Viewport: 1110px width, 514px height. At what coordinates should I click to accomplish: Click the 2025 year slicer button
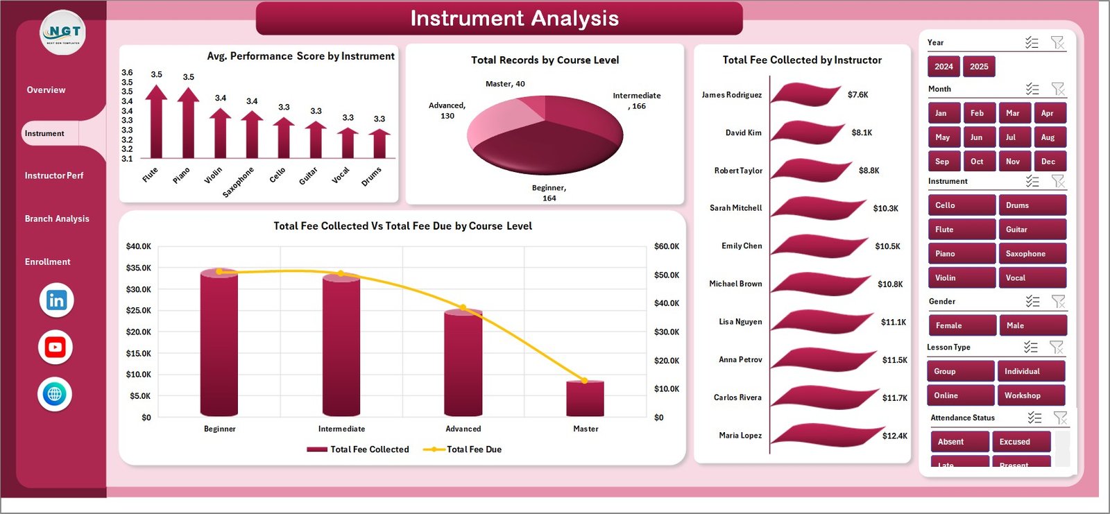pos(979,67)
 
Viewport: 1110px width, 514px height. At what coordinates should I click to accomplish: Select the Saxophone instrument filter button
pos(1032,254)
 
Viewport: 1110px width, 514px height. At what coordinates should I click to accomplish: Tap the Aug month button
pos(1048,137)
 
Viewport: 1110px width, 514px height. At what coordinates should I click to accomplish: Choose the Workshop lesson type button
pos(1030,395)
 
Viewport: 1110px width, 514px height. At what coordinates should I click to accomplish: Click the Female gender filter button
pos(962,325)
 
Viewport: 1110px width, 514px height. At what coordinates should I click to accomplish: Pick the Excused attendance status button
pos(1021,442)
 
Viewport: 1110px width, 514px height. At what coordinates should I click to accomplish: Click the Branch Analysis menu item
pos(57,219)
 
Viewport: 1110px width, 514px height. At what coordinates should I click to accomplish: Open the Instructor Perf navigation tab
pos(54,175)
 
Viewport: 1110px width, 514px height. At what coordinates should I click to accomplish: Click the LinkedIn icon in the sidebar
pos(56,300)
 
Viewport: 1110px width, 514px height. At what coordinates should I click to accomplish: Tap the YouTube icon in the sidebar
pos(55,348)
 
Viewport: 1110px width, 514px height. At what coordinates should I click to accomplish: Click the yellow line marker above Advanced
pos(463,307)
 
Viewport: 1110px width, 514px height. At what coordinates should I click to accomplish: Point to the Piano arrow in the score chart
pos(188,122)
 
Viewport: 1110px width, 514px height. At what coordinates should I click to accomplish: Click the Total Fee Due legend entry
pos(474,449)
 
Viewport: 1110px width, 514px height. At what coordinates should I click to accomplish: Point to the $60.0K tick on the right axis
pos(667,246)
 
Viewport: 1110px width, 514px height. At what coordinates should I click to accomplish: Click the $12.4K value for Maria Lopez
pos(894,436)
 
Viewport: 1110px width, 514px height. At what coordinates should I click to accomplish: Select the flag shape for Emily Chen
pos(819,245)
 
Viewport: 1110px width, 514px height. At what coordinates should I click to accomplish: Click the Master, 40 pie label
pos(505,84)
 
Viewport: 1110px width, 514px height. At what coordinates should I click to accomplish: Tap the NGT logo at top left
pos(63,32)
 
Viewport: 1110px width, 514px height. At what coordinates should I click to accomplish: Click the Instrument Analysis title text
pos(514,18)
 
